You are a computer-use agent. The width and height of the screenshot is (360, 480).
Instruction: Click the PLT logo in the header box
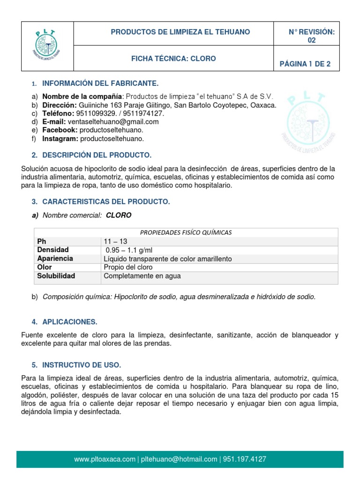47,45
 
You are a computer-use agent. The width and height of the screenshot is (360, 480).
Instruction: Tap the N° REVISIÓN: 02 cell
311,36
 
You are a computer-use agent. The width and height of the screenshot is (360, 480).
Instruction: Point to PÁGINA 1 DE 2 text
305,64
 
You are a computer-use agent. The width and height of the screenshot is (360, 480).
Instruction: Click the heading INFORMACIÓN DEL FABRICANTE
100,83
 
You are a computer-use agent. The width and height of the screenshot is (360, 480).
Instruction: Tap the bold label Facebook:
60,130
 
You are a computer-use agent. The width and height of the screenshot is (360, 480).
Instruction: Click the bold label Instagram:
60,139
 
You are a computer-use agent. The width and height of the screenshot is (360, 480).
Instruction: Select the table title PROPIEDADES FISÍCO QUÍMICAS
186,232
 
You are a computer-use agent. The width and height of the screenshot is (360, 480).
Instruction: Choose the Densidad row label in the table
53,250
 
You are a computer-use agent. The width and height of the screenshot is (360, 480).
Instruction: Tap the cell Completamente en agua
142,276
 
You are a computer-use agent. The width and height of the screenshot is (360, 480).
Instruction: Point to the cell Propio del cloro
128,267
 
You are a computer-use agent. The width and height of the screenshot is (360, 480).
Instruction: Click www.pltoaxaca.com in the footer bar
105,459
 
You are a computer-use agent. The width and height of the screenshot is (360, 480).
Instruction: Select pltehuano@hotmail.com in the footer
178,459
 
